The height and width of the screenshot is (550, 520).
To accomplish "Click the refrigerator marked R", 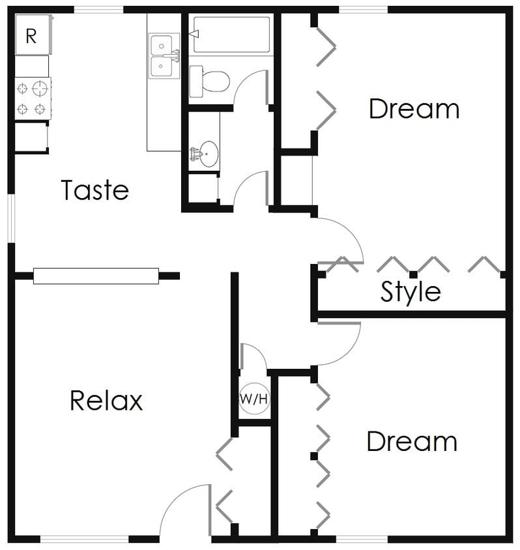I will [x=31, y=36].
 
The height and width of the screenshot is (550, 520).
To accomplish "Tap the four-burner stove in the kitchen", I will [x=33, y=98].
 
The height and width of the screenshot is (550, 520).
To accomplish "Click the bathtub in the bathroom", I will [x=231, y=35].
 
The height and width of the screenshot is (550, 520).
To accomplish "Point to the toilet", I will [x=210, y=81].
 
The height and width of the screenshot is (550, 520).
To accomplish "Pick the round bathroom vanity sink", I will [x=209, y=154].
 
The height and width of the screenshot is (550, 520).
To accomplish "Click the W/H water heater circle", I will [x=254, y=398].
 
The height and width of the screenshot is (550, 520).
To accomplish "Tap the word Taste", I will [x=95, y=190].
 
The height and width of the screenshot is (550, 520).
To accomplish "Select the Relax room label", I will [x=106, y=400].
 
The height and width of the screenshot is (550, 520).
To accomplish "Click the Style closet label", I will [x=411, y=292].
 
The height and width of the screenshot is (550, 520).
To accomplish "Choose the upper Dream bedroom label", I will [x=414, y=109].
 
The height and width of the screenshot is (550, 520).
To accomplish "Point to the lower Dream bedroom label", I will [x=412, y=442].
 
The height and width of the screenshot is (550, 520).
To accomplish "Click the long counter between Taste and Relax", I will [x=96, y=276].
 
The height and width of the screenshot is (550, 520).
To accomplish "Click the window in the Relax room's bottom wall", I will [x=85, y=539].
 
